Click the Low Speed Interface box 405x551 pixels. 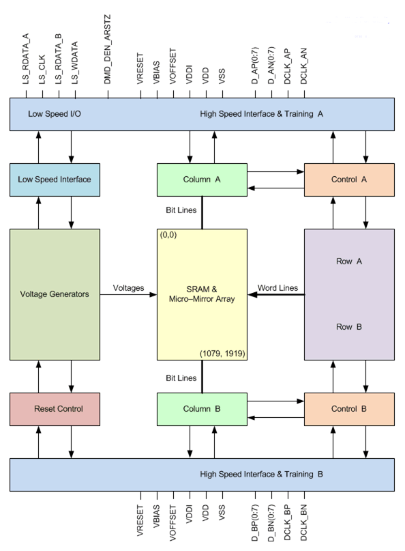(x=55, y=180)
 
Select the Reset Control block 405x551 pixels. (x=55, y=409)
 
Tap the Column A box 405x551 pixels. (x=202, y=180)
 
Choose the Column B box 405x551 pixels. (x=202, y=409)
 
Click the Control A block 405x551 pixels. (x=349, y=180)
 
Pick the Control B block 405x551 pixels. (x=349, y=409)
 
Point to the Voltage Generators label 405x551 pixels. (x=55, y=294)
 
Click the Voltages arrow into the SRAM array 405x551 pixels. (x=128, y=294)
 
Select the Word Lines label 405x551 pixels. (x=277, y=288)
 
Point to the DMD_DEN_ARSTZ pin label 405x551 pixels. (x=108, y=49)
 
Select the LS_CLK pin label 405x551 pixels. (x=42, y=70)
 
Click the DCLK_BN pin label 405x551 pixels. (x=304, y=522)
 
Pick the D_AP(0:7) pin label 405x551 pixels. (x=255, y=66)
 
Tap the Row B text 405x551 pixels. (x=349, y=327)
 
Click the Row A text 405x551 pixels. (x=349, y=261)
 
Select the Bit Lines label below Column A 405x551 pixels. (x=181, y=210)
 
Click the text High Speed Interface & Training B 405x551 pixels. (x=261, y=475)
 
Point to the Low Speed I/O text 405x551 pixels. (x=55, y=114)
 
